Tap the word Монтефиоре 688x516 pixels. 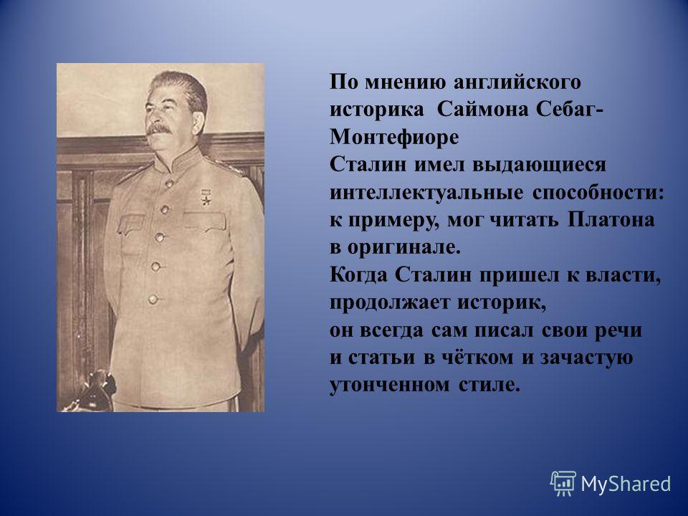point(394,137)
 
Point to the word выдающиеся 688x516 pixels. point(539,165)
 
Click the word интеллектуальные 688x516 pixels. point(426,193)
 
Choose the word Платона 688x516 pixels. point(611,220)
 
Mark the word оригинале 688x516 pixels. point(404,248)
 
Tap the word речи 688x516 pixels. point(618,330)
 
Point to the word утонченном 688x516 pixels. point(390,386)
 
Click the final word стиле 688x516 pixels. point(489,386)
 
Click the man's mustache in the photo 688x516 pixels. point(159,128)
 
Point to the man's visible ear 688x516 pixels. point(198,120)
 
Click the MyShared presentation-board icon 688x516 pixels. point(563,484)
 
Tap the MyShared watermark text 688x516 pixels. point(626,484)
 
